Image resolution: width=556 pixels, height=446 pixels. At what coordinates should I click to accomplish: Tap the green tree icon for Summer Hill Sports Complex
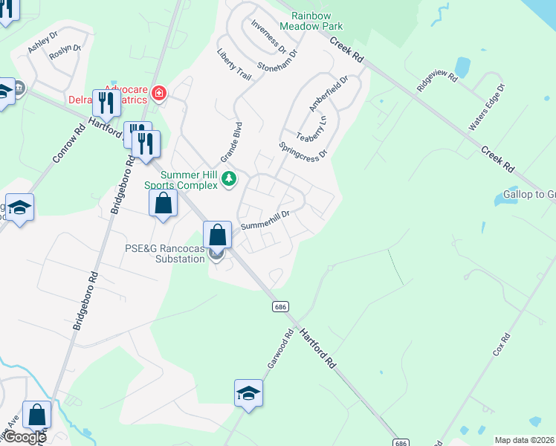pyautogui.click(x=230, y=178)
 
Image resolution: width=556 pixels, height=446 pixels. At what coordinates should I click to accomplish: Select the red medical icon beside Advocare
pyautogui.click(x=158, y=94)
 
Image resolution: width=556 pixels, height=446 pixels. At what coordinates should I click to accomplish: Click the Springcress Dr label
pyautogui.click(x=303, y=149)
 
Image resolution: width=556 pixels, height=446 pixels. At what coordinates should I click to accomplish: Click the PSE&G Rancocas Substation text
pyautogui.click(x=164, y=253)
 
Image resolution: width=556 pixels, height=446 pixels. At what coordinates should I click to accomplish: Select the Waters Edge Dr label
pyautogui.click(x=487, y=108)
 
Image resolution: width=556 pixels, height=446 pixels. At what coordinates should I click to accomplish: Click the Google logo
pyautogui.click(x=23, y=437)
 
